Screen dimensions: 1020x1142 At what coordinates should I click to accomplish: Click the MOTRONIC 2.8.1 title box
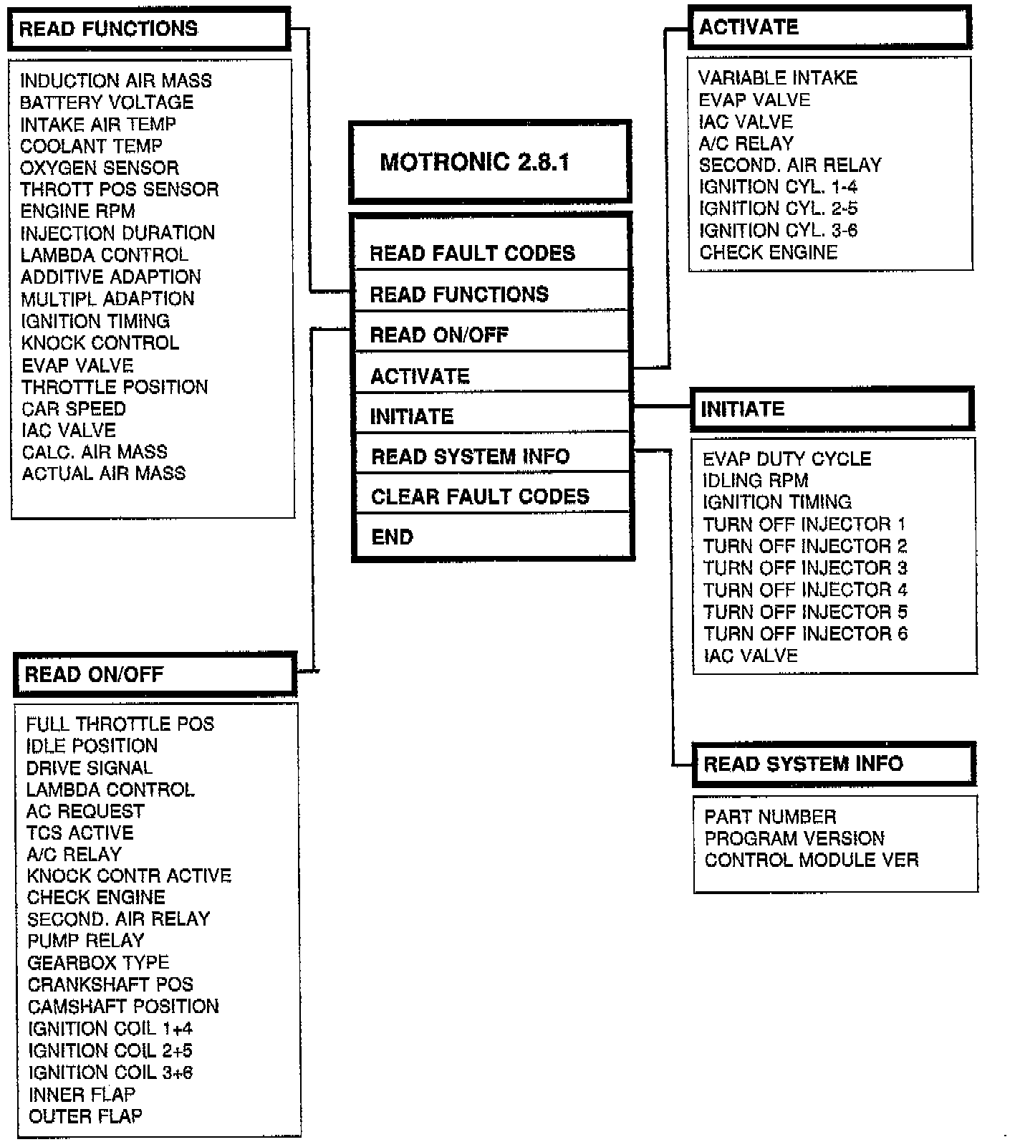click(490, 162)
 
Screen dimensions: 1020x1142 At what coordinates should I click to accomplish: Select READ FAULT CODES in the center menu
click(472, 253)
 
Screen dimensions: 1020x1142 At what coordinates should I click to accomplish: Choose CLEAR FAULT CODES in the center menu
click(480, 496)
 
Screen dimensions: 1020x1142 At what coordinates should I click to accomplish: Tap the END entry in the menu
click(393, 537)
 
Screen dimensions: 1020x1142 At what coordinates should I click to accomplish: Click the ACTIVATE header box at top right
click(829, 27)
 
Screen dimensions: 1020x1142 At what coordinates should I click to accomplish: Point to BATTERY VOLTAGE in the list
click(107, 102)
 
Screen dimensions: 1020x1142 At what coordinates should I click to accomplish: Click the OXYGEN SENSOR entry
click(100, 168)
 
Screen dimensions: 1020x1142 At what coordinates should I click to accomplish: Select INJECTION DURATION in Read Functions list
click(117, 233)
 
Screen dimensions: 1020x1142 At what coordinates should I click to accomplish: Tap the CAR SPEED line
click(74, 408)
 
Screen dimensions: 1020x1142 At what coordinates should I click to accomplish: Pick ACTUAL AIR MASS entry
click(104, 474)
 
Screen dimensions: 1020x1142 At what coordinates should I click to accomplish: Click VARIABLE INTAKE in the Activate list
click(778, 77)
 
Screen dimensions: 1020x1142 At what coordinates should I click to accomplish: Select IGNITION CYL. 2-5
click(779, 208)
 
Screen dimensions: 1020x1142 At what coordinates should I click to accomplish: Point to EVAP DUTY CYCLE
click(786, 459)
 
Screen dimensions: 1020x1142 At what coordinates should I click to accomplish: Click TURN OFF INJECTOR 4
click(805, 590)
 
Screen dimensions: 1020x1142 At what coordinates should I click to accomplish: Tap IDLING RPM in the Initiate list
click(755, 480)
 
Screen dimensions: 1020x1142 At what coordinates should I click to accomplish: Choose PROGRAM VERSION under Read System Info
click(794, 838)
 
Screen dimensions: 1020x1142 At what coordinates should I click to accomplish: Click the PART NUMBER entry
click(770, 817)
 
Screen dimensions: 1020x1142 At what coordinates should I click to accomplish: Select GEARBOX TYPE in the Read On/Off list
click(98, 962)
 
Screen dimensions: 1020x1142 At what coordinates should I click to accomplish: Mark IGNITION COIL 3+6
click(110, 1073)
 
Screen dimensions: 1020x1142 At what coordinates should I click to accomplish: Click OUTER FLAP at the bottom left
click(85, 1116)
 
